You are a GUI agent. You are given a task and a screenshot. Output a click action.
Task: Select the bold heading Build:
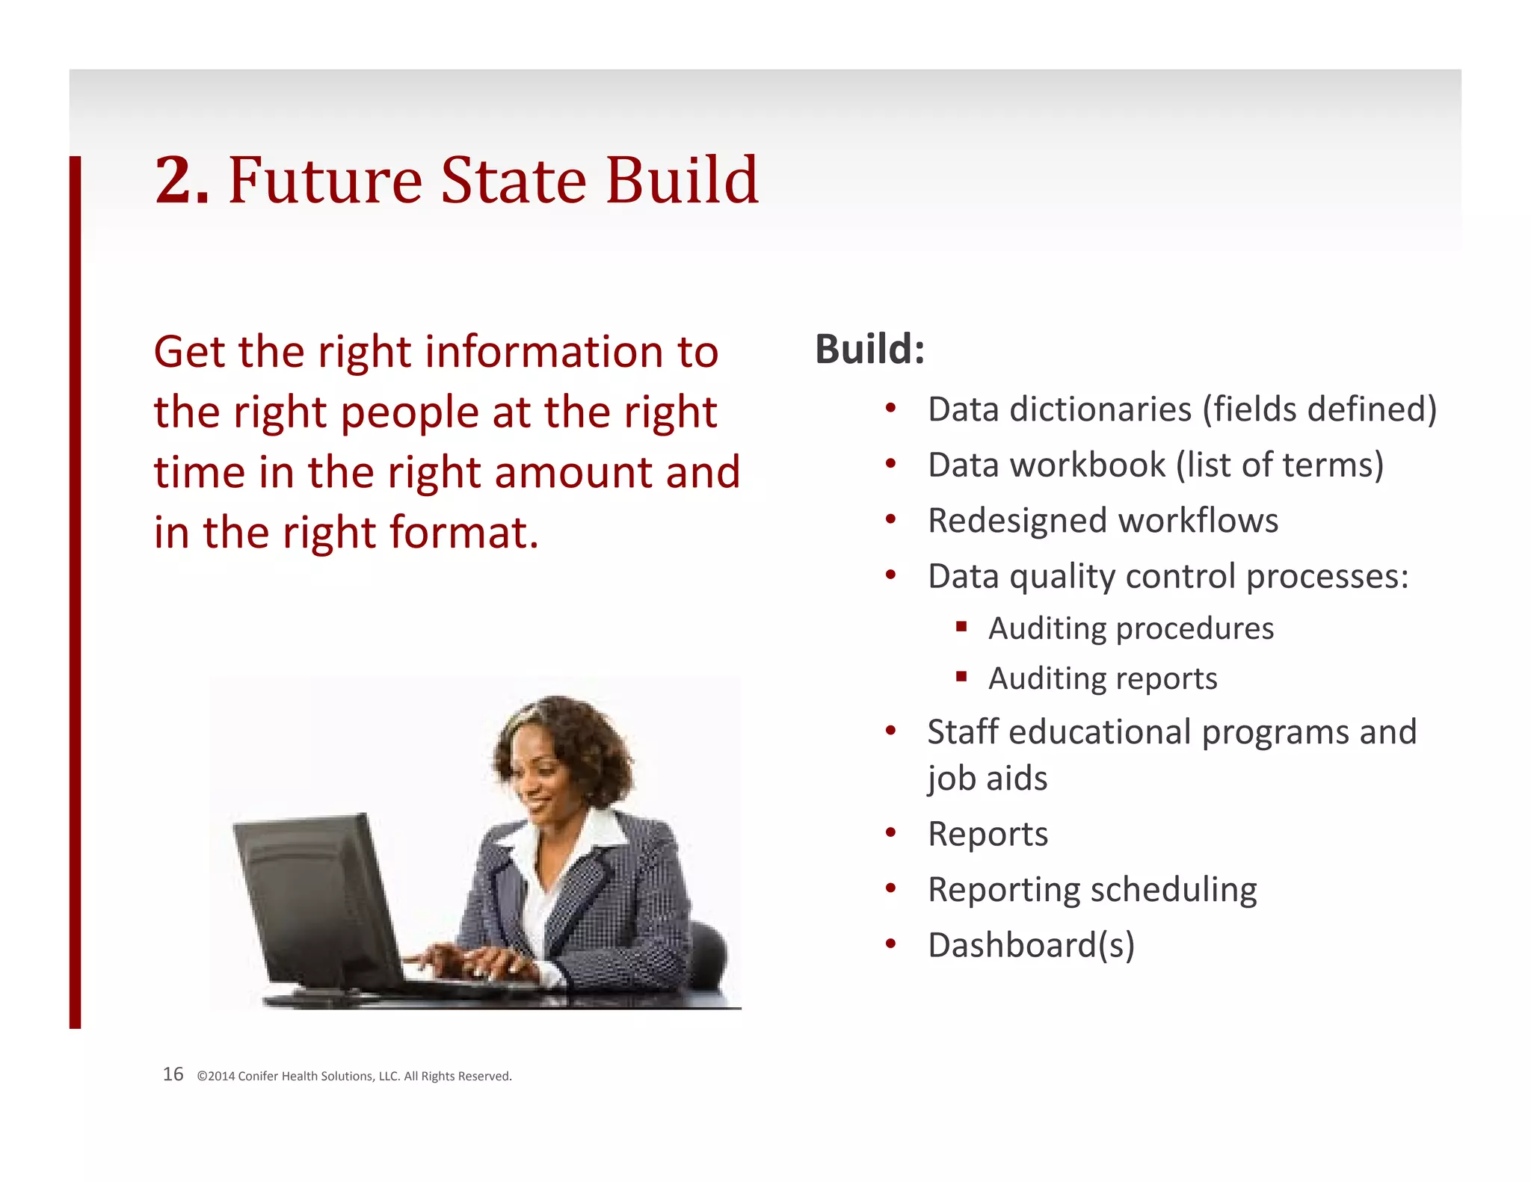tap(869, 349)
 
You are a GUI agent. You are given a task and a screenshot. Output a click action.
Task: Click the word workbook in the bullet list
tap(1087, 465)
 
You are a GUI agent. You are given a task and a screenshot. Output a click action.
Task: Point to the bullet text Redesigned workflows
tap(1103, 521)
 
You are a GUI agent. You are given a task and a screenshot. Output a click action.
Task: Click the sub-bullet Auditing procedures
tap(1130, 628)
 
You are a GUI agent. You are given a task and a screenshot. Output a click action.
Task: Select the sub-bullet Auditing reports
tap(1103, 678)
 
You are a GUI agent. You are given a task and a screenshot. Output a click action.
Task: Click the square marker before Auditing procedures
tap(961, 626)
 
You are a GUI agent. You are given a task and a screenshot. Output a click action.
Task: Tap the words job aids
tap(987, 779)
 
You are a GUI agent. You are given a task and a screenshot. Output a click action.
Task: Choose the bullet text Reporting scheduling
tap(1091, 890)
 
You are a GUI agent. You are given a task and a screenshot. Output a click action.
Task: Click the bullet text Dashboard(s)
tap(1031, 945)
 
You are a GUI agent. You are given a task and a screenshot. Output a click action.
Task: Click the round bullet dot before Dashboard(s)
tap(890, 944)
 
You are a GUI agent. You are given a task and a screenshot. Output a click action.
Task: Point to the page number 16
tap(173, 1074)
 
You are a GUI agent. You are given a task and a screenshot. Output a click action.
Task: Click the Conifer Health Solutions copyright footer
tap(354, 1077)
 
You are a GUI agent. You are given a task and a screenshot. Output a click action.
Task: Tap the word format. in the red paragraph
tap(463, 533)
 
